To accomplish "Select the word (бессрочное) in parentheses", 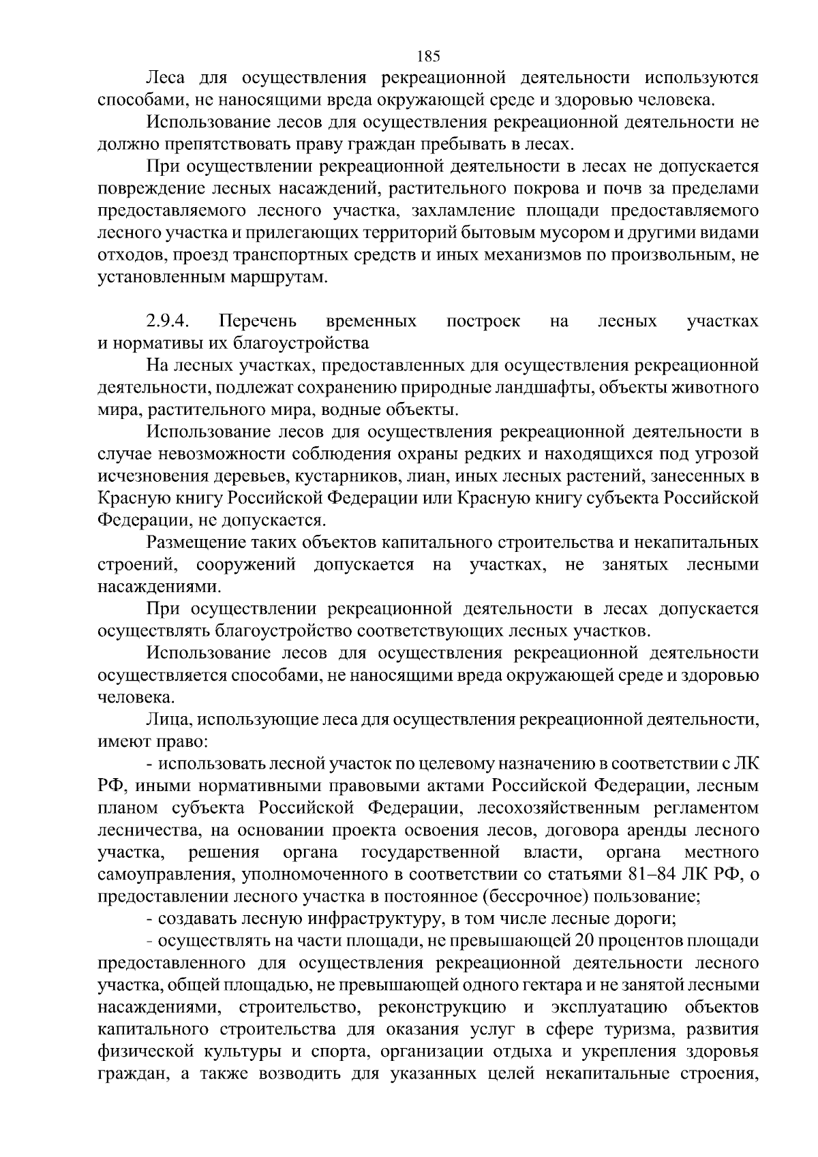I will [x=517, y=896].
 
